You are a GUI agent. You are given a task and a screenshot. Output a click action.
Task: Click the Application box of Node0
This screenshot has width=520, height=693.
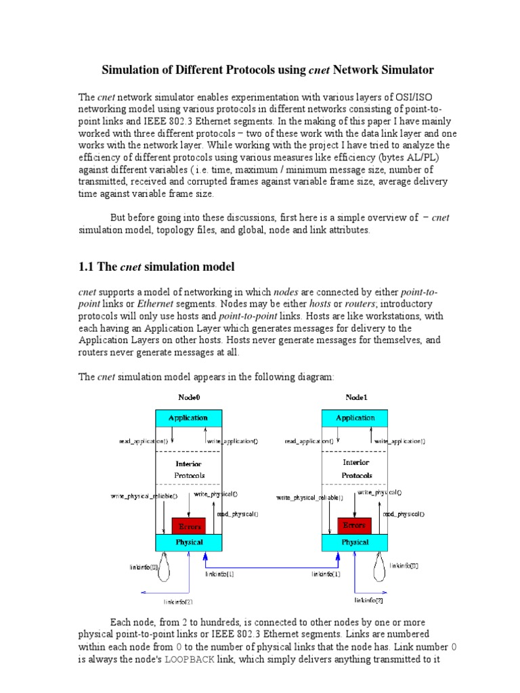(188, 418)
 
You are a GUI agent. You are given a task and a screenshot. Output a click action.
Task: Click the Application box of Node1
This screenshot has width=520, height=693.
(355, 418)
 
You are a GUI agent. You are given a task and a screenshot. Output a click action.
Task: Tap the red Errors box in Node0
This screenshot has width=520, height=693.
(188, 526)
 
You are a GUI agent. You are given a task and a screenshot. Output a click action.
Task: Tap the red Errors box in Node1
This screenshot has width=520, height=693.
(354, 525)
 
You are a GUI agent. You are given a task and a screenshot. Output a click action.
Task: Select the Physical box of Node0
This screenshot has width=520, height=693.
(189, 542)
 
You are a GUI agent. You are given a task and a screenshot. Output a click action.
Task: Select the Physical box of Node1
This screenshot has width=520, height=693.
(355, 542)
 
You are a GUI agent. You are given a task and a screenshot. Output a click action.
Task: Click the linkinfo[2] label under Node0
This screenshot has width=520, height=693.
(178, 601)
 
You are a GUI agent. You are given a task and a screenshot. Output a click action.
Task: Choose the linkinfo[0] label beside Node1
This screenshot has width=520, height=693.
(405, 566)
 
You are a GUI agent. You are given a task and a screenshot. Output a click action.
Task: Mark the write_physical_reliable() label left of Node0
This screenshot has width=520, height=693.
(144, 496)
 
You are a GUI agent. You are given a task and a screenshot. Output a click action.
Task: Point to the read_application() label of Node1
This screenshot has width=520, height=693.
(307, 441)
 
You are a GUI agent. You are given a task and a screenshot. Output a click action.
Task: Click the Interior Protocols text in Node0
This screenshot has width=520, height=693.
(188, 470)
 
